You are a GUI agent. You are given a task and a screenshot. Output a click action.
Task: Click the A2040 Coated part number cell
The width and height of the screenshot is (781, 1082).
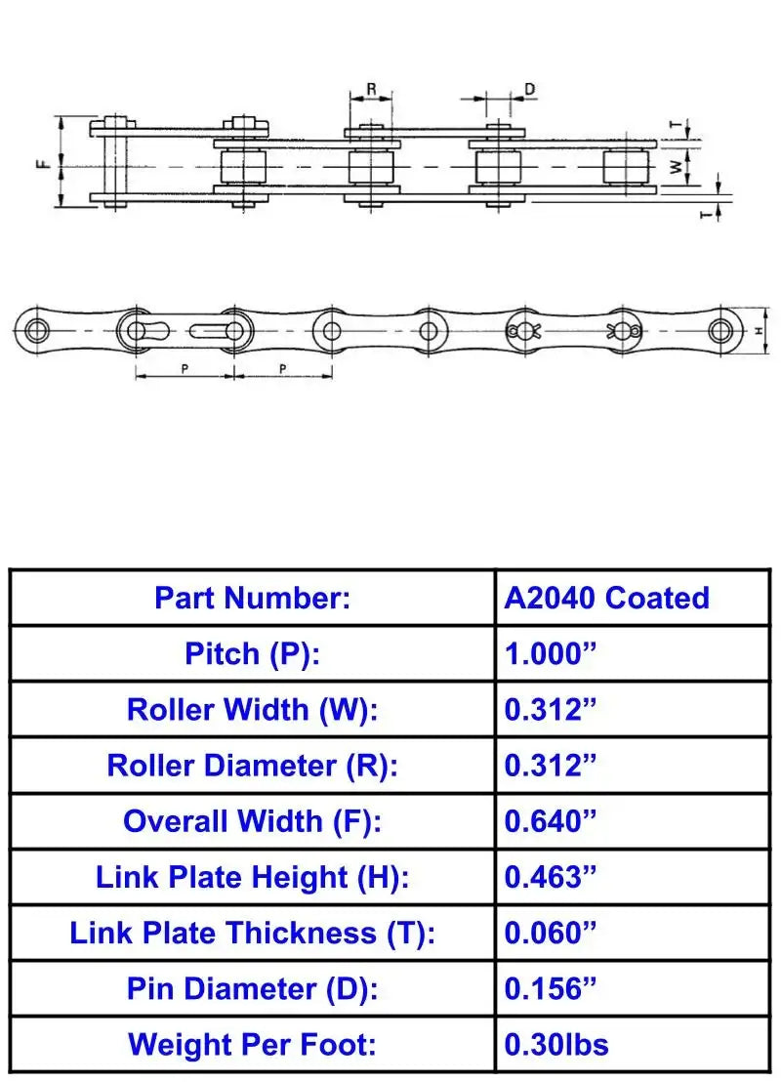pos(606,598)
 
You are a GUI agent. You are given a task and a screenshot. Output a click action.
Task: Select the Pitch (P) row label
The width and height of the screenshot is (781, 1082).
pos(253,653)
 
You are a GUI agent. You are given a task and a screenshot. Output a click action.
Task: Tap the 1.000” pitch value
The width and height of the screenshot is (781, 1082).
pos(550,653)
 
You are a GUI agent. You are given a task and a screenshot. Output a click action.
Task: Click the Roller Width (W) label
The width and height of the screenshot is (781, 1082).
pos(253,709)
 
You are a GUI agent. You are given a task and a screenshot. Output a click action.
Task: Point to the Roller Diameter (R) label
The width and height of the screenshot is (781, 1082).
pos(253,766)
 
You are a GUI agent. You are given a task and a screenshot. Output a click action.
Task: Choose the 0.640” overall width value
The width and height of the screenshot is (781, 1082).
pos(550,821)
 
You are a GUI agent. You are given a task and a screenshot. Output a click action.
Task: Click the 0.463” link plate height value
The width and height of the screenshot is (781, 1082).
pos(550,877)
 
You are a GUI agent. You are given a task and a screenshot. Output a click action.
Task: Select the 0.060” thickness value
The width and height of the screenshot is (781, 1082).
pos(550,933)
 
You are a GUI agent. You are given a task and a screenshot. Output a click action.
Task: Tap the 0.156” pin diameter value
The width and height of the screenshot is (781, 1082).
pos(550,989)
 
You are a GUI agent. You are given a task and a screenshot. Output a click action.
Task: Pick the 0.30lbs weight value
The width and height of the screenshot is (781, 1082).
pos(556,1045)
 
